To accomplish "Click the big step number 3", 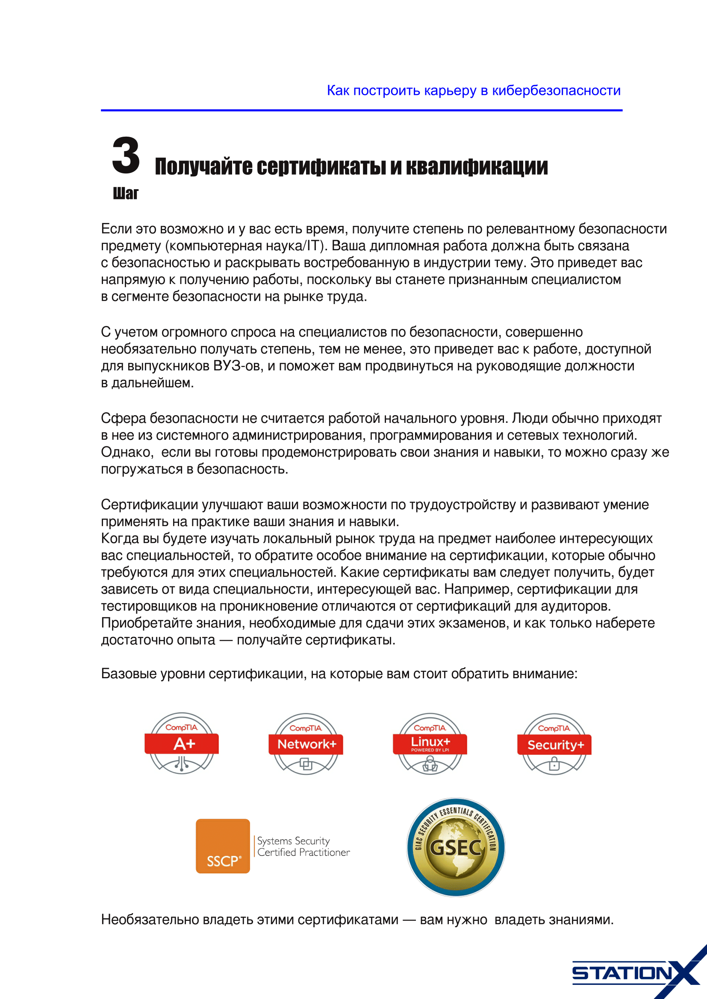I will click(x=126, y=155).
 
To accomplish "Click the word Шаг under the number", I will click(x=125, y=193).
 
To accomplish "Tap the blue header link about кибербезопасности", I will click(x=473, y=91).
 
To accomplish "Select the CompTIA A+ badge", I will click(x=182, y=743).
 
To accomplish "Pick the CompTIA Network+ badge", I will click(x=306, y=744).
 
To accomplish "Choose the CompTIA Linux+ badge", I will click(x=430, y=744).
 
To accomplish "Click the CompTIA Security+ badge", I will click(x=554, y=744).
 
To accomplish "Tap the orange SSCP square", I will click(x=222, y=846).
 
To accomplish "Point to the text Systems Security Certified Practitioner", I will click(x=303, y=846).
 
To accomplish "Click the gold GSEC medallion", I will click(x=455, y=847).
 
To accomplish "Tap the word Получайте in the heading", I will click(x=203, y=167).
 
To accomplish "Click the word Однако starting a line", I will click(x=127, y=452).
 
